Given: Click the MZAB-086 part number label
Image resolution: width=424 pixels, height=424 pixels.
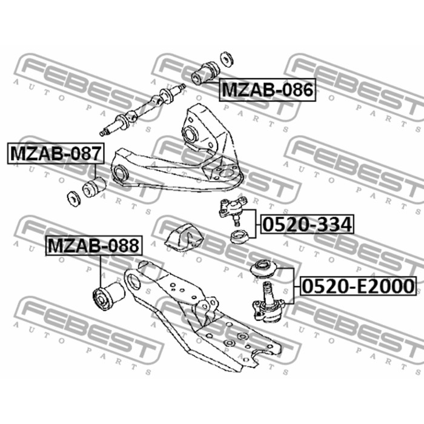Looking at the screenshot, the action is [267, 90].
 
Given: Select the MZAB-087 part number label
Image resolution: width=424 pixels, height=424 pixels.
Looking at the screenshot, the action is [56, 153].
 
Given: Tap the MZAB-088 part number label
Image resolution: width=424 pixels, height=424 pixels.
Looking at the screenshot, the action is [94, 245].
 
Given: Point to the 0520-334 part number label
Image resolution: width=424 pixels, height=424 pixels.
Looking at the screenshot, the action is [307, 224].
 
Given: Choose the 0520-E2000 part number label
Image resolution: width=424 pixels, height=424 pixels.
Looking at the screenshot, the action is [358, 286].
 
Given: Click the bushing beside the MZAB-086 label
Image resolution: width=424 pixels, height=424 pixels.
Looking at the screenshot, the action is [205, 73].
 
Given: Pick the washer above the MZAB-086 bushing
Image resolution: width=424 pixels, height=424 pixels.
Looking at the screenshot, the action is [227, 58].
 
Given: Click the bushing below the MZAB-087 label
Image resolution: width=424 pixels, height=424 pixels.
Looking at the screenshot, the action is [93, 187].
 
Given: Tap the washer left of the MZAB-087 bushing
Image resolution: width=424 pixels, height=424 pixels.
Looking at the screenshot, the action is [73, 199].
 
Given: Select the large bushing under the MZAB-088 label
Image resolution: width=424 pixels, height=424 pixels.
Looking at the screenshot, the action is [108, 296].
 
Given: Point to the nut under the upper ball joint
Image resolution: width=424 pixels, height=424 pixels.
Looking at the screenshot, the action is [239, 236].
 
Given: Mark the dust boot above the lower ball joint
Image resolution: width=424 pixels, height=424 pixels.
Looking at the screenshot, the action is [263, 268].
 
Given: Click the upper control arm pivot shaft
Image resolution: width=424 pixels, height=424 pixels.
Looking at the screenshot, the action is [142, 110].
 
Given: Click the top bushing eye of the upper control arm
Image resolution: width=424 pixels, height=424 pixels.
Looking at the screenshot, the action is [191, 134].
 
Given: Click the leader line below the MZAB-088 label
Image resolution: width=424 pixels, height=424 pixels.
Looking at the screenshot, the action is [101, 272].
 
